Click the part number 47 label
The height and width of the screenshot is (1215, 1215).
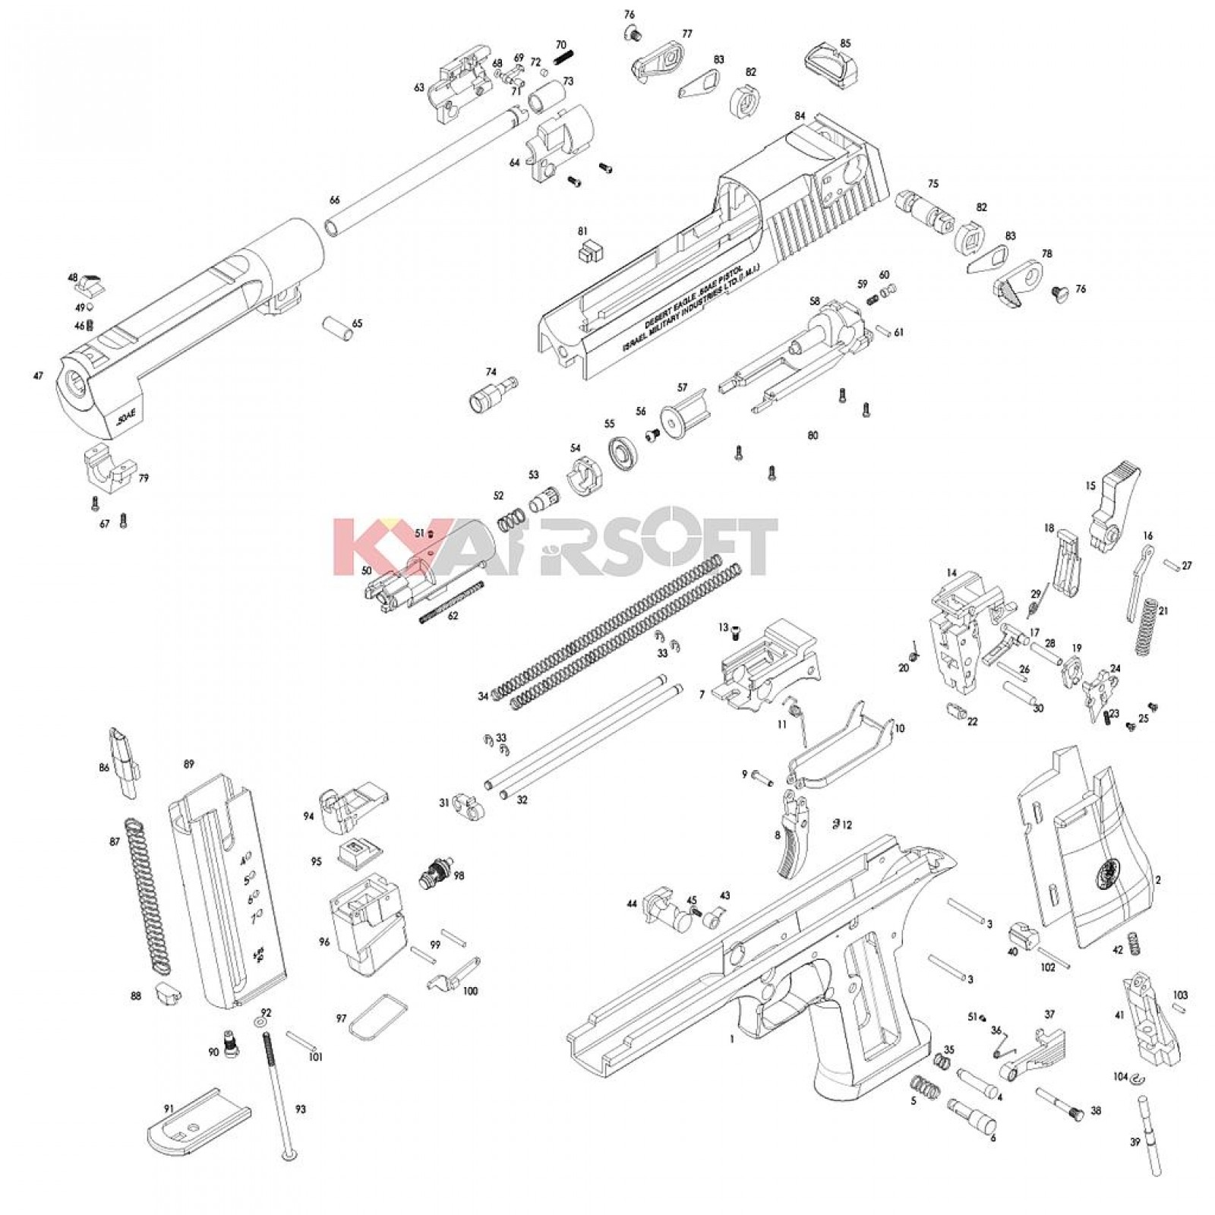[x=38, y=376]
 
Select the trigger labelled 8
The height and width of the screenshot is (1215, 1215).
[x=793, y=835]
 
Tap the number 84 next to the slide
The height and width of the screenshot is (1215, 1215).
[x=800, y=116]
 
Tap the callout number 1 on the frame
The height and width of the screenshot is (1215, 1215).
[x=731, y=1040]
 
